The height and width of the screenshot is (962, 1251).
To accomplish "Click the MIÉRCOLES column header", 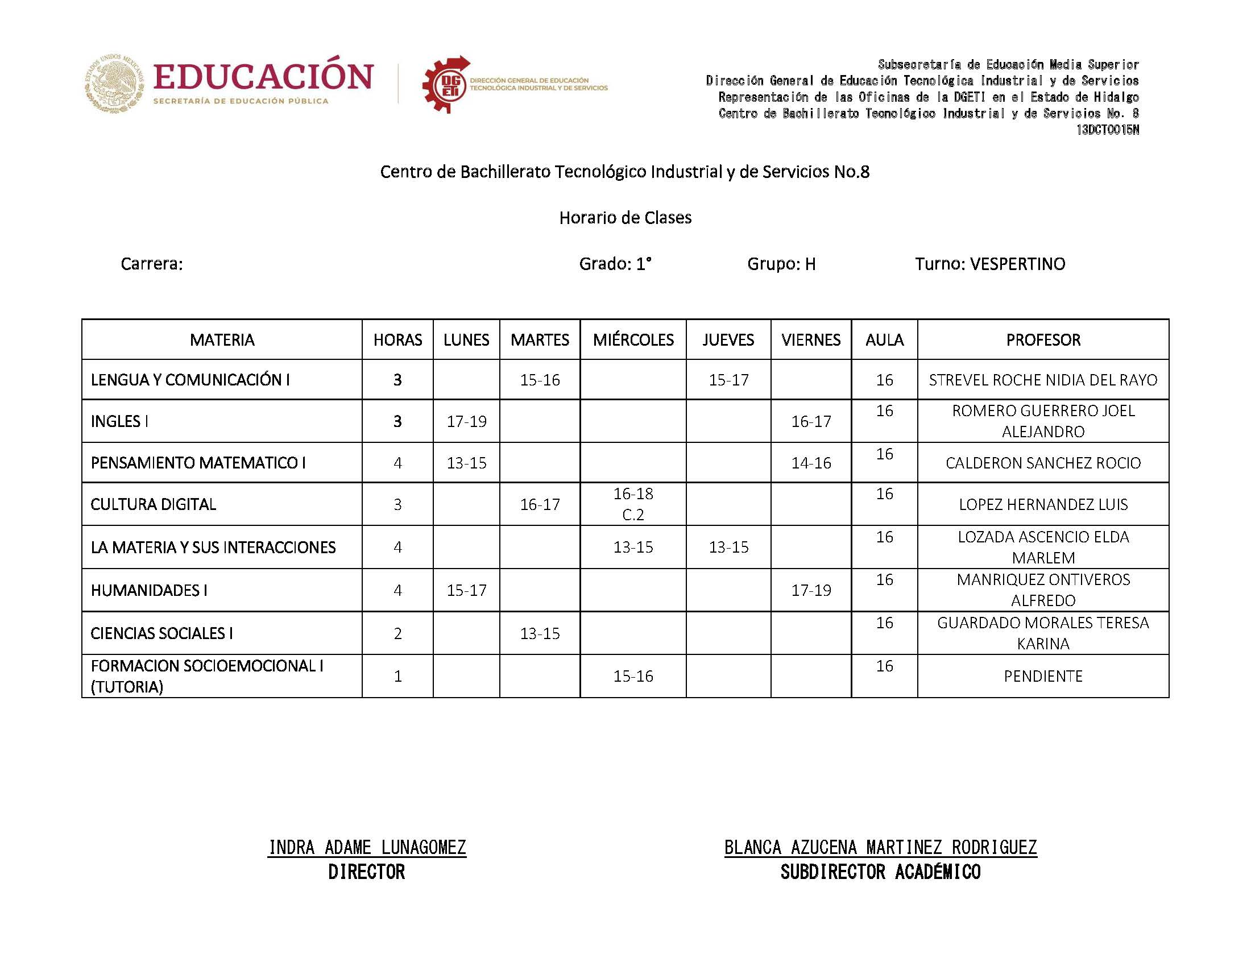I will pos(633,339).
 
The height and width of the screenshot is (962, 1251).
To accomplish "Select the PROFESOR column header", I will pos(1043,339).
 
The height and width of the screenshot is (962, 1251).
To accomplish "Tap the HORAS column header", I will pos(397,339).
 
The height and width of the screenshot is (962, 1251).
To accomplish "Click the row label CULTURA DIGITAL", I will pos(154,504).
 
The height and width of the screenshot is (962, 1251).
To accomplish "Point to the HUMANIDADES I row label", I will pos(149,590).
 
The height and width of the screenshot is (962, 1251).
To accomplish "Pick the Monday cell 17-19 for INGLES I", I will pos(466,421).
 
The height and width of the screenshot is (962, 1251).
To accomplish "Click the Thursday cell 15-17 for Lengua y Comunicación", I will pos(728,380).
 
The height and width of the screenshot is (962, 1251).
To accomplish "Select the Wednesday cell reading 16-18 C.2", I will pos(633,504).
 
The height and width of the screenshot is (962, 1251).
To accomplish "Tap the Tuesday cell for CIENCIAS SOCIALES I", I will pos(539,633).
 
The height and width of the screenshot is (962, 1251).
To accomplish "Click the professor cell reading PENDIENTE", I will pos(1043,675).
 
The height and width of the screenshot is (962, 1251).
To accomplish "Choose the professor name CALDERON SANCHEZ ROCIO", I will pos(1043,463).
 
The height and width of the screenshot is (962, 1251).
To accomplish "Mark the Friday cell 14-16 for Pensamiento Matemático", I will pos(811,463).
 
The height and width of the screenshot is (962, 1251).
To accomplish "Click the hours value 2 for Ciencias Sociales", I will pos(397,633).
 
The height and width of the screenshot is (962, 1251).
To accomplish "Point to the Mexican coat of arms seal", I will pos(114,83).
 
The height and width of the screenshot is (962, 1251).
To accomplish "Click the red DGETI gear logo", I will pos(445,85).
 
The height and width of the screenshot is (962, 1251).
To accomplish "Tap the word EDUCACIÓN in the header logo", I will pos(263,77).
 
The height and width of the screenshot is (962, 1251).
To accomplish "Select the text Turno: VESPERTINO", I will pos(989,264).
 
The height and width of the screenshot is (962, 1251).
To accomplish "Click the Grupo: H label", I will pos(781,264).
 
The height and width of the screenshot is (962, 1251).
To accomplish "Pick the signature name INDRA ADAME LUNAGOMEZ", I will pos(367,847).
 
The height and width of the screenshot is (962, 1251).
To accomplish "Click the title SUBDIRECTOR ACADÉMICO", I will pos(880,872).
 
